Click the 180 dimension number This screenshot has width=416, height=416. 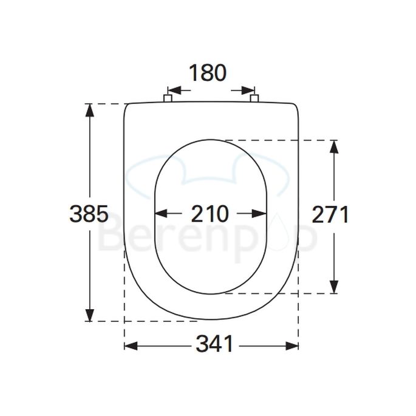(207, 73)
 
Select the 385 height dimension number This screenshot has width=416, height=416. (89, 213)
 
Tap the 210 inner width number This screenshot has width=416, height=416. (210, 214)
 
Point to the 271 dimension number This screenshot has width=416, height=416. (330, 214)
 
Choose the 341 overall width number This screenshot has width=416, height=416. (214, 345)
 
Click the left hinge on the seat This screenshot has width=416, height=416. (168, 98)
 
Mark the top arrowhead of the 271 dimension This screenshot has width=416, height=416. (334, 146)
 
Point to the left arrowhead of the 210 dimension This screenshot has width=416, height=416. (162, 214)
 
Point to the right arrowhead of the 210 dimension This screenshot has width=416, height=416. (261, 214)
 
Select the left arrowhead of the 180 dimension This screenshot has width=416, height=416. (173, 89)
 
